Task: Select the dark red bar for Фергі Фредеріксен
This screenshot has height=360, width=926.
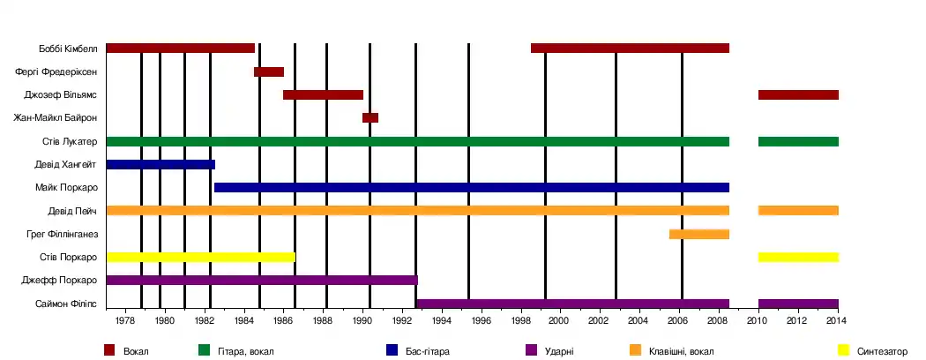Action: (269, 71)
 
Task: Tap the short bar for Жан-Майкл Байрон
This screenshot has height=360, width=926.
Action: (370, 117)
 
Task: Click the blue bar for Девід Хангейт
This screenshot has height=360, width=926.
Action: (160, 164)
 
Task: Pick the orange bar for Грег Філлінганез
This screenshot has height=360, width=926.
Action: (699, 234)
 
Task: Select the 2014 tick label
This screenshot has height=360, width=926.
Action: (838, 321)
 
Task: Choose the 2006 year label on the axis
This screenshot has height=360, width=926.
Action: (679, 321)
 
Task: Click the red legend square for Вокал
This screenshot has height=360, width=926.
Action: (109, 350)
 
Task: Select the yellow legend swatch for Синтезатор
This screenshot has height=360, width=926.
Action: (843, 350)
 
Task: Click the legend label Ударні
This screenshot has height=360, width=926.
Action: (561, 351)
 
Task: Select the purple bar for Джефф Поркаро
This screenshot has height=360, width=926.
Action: (261, 280)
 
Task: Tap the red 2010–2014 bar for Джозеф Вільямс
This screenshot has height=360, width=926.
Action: (798, 94)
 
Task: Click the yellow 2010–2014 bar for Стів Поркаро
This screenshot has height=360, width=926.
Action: (798, 257)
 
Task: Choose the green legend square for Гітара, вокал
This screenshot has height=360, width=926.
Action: (204, 350)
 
